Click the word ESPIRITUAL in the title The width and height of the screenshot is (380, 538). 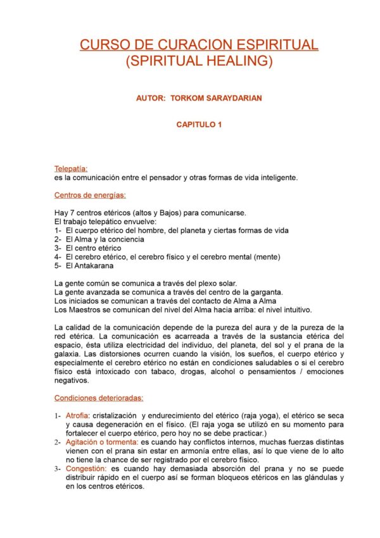tap(278, 45)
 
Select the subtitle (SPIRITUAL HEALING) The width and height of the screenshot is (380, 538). tap(199, 61)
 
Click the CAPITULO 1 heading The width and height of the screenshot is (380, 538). tap(199, 125)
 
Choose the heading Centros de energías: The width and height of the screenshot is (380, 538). tap(90, 195)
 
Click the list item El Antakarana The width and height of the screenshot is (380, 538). tap(90, 266)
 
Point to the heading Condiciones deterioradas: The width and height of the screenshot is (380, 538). tap(99, 398)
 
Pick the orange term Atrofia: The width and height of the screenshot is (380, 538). tap(78, 415)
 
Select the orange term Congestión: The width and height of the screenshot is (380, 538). tap(87, 468)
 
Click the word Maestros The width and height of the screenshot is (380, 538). tap(82, 310)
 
